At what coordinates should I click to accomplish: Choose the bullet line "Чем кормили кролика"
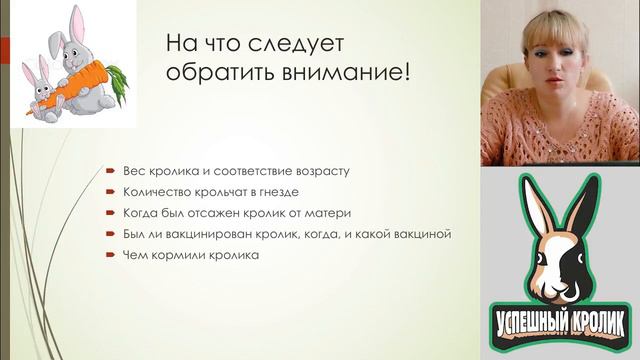[x=190, y=256]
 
